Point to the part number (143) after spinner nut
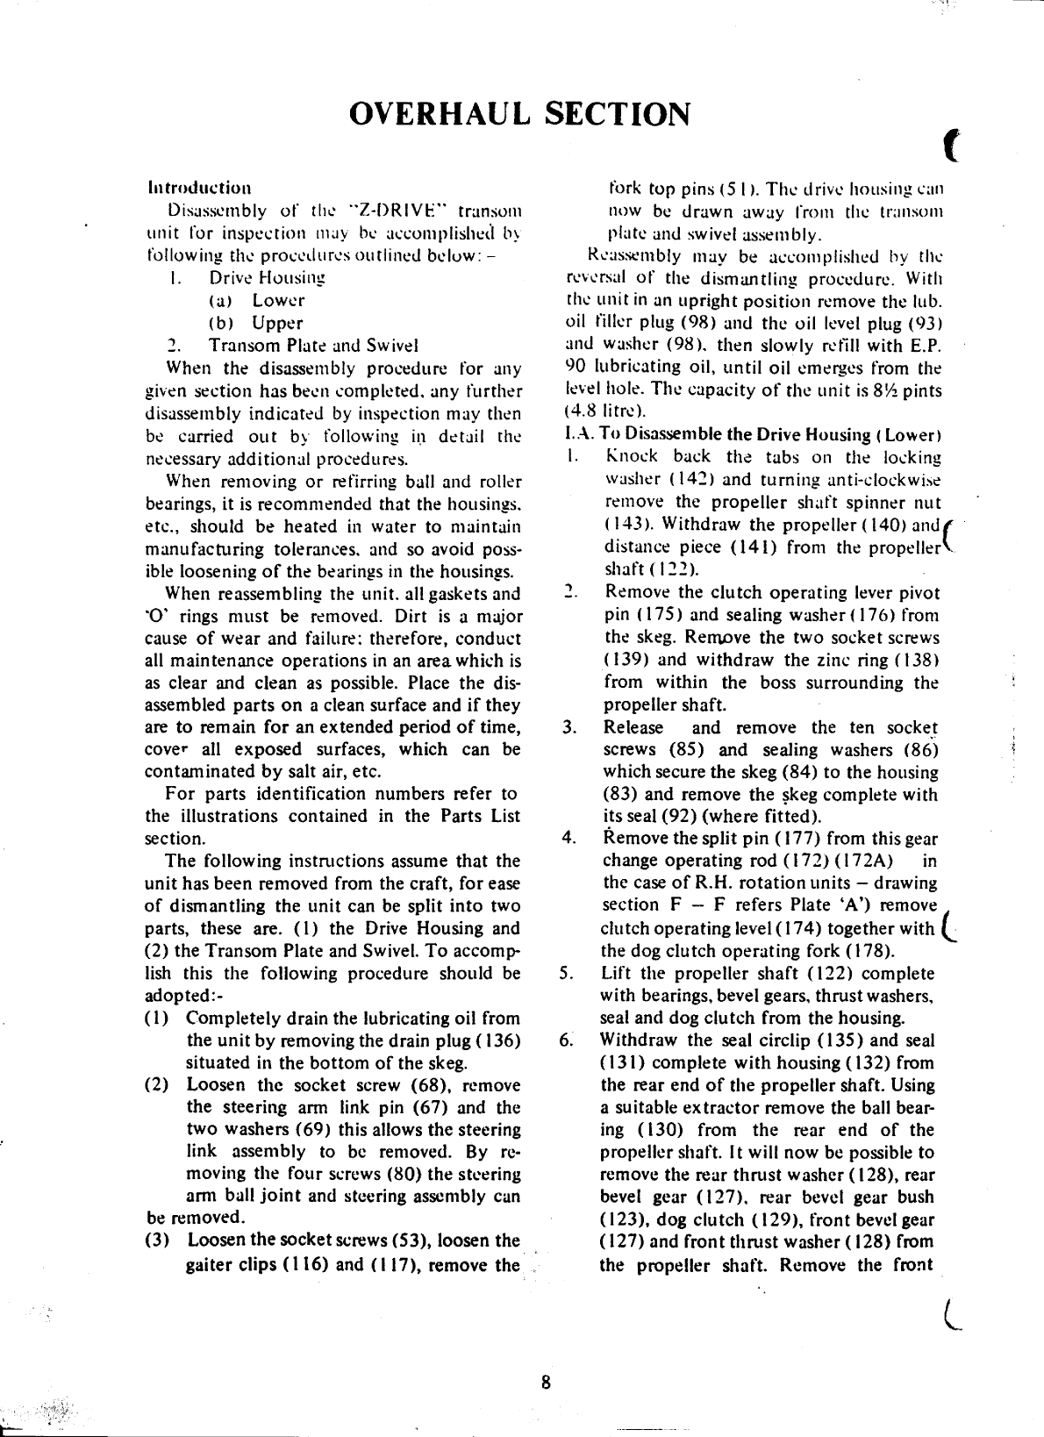627,525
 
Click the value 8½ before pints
891,390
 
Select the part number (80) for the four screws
406,1175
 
